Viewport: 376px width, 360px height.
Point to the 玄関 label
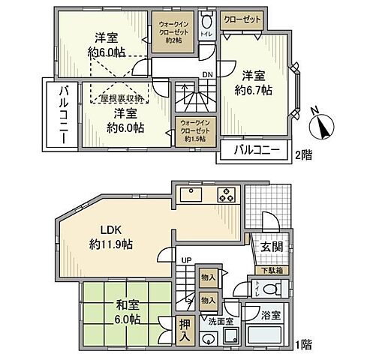[x=272, y=247]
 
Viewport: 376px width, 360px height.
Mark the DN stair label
[x=207, y=73]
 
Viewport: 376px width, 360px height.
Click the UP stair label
[x=184, y=260]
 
